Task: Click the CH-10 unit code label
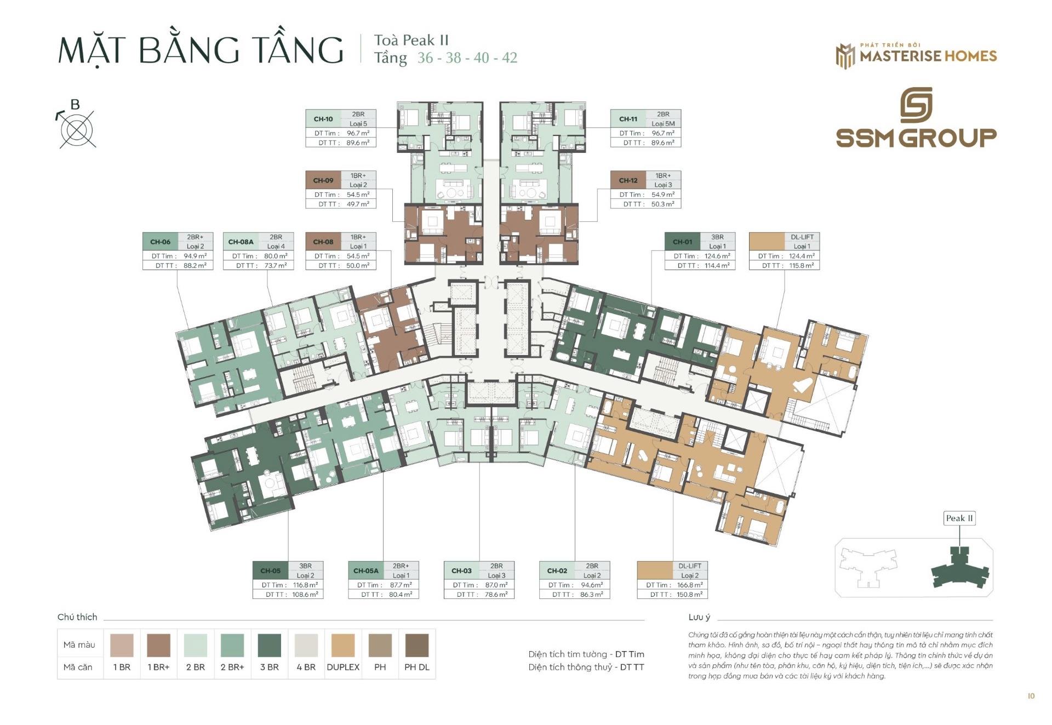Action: (323, 119)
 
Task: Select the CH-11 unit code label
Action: (628, 119)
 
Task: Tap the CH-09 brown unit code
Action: (323, 180)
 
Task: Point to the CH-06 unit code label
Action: (161, 242)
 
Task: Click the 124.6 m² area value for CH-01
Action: (717, 256)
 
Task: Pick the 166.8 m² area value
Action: (690, 585)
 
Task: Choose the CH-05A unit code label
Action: (366, 570)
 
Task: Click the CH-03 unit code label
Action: (461, 570)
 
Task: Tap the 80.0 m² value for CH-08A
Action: (276, 256)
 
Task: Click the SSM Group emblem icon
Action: (916, 105)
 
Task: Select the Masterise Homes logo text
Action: (928, 55)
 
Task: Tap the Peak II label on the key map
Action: (959, 518)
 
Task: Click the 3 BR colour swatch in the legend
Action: (269, 645)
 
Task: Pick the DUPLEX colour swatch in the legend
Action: (343, 645)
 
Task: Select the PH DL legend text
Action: (417, 667)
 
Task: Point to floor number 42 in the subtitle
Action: (509, 58)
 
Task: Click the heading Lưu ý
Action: (699, 618)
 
